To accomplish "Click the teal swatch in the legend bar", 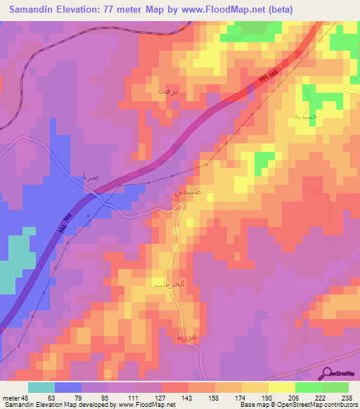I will [41, 387].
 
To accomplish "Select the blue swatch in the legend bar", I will [68, 387].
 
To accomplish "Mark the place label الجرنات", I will [169, 284].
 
